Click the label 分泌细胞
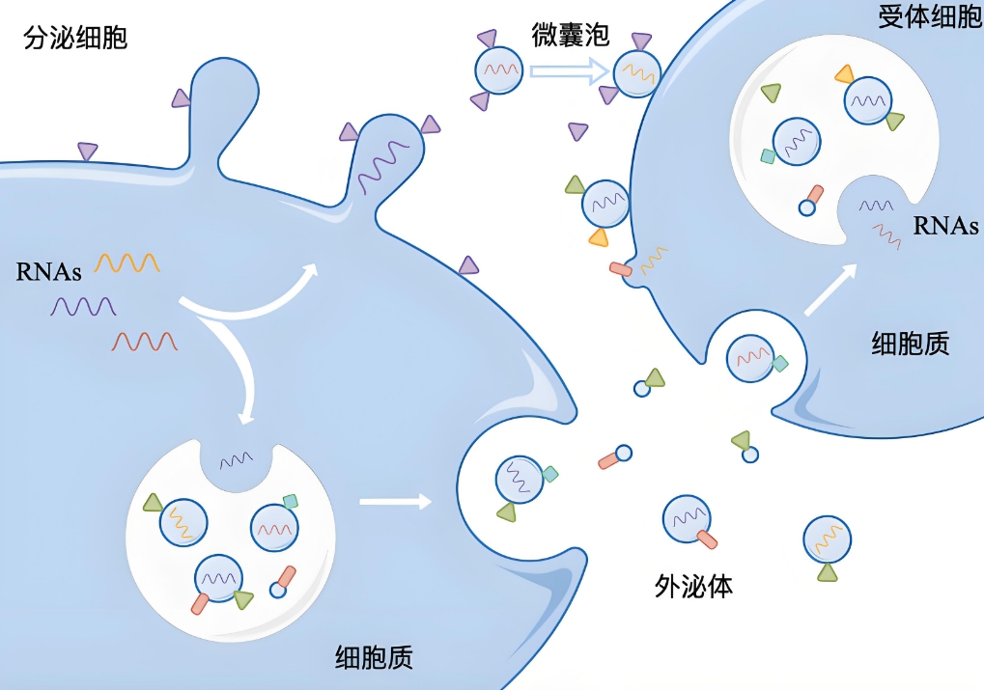pos(75,39)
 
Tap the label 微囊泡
pos(571,34)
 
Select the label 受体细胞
pos(930,16)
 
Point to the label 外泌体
pos(693,586)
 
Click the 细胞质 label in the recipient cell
pos(911,344)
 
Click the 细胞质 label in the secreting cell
pos(374,658)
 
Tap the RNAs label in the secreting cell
pos(48,271)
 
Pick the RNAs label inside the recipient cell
pos(945,226)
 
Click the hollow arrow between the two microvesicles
pos(569,70)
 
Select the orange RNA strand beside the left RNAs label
pos(127,262)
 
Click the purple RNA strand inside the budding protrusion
pos(382,165)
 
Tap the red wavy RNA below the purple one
pos(145,342)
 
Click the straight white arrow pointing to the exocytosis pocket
pos(395,501)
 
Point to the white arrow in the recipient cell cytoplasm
pos(830,290)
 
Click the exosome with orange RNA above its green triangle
pos(828,539)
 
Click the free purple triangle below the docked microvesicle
pos(577,131)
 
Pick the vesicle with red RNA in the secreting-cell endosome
pos(274,528)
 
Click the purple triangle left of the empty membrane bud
pos(181,97)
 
